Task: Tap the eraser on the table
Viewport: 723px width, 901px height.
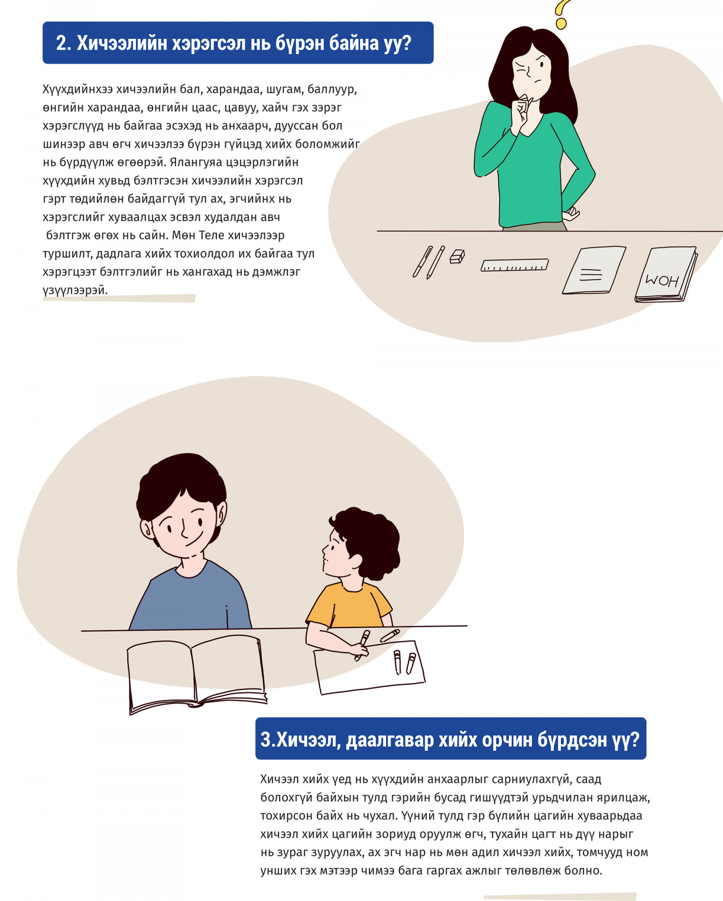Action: pyautogui.click(x=457, y=256)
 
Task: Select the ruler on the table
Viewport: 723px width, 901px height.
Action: pyautogui.click(x=514, y=265)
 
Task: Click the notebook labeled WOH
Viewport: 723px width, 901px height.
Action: pyautogui.click(x=666, y=274)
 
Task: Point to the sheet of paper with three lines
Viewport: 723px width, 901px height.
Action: pyautogui.click(x=594, y=270)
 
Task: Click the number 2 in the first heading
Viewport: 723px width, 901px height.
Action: pyautogui.click(x=61, y=43)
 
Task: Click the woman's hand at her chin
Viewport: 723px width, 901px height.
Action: pyautogui.click(x=522, y=112)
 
